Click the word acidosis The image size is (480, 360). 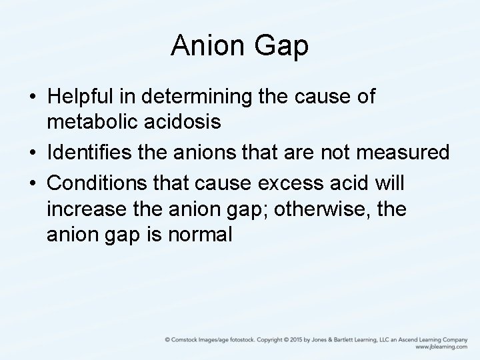185,123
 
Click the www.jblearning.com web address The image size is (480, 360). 441,347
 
